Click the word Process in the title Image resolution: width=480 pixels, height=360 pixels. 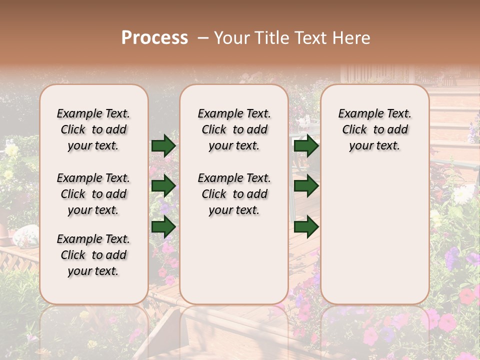154,38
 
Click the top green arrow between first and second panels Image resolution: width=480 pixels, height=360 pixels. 163,146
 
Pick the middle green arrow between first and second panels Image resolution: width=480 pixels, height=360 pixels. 163,186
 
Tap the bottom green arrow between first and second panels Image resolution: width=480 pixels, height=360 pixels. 163,226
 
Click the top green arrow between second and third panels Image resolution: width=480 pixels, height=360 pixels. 306,146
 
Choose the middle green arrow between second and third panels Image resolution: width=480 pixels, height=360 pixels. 306,186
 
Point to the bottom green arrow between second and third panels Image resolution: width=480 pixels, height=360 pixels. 306,226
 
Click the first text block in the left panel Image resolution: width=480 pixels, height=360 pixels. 93,130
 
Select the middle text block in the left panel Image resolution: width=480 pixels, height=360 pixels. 93,194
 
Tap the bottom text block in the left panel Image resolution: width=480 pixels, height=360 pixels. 93,255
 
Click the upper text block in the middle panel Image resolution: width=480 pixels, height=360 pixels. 234,130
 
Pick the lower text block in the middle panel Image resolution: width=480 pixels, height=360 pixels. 234,194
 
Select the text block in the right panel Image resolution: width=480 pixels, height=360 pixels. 374,130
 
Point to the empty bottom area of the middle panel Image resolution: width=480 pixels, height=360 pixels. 234,260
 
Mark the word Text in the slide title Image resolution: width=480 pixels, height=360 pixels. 307,38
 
